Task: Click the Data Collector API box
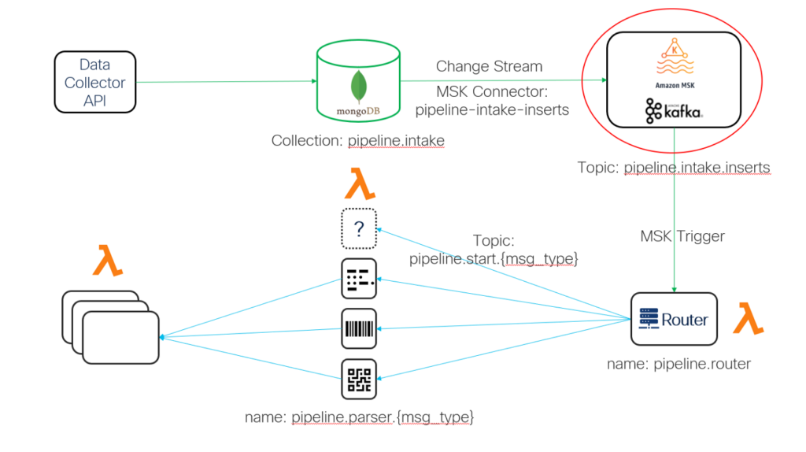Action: point(95,82)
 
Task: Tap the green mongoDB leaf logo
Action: point(358,86)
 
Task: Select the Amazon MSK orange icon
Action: point(675,58)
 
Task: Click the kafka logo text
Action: point(674,111)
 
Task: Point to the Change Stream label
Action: point(489,66)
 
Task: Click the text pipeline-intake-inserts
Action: point(492,110)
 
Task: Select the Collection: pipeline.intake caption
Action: point(358,141)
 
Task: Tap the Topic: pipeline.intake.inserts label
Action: point(674,168)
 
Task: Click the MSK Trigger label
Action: point(682,236)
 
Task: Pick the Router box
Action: point(674,319)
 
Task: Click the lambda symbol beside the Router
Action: point(749,319)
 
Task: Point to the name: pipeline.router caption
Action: point(678,364)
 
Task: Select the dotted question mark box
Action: point(359,229)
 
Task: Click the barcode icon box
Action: point(359,328)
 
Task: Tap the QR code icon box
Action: point(359,379)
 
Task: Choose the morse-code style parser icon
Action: point(359,279)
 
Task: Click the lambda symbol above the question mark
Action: point(359,183)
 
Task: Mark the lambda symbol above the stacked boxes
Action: point(108,261)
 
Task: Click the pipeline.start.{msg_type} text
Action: point(494,258)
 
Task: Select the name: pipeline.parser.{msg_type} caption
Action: point(359,417)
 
